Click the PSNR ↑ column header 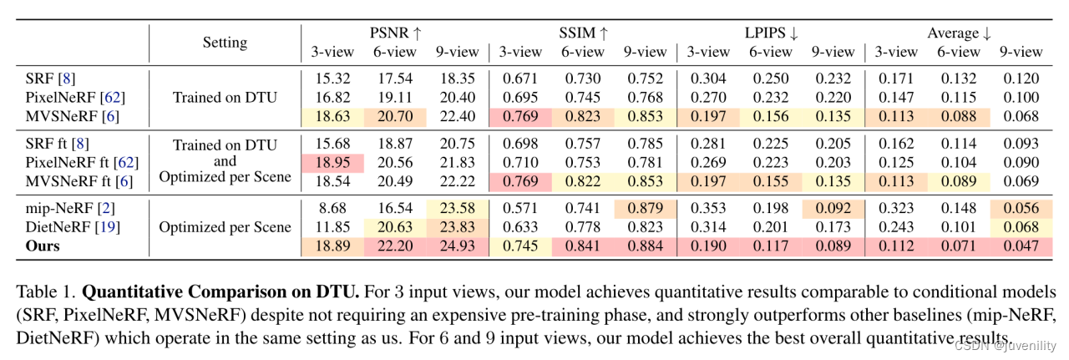click(x=396, y=33)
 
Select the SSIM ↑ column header click(x=583, y=33)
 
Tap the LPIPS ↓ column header click(x=771, y=33)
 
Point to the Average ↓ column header click(x=959, y=33)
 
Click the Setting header click(x=225, y=42)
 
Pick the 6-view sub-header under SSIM click(x=583, y=52)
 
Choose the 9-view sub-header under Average click(x=1021, y=52)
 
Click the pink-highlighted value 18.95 click(x=333, y=161)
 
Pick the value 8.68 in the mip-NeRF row click(x=333, y=209)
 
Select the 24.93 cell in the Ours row click(x=458, y=246)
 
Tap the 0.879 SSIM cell click(x=646, y=209)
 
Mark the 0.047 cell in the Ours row click(x=1021, y=246)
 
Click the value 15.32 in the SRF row click(x=333, y=79)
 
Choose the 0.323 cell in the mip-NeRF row click(x=895, y=209)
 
